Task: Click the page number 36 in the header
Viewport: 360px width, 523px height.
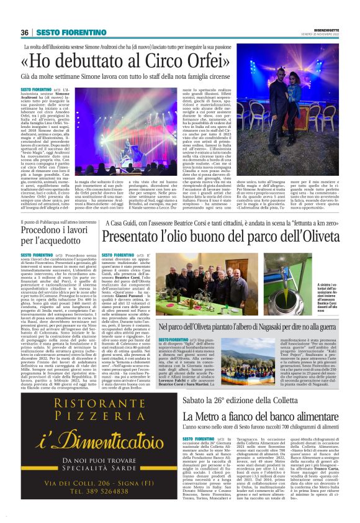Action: (24, 32)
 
